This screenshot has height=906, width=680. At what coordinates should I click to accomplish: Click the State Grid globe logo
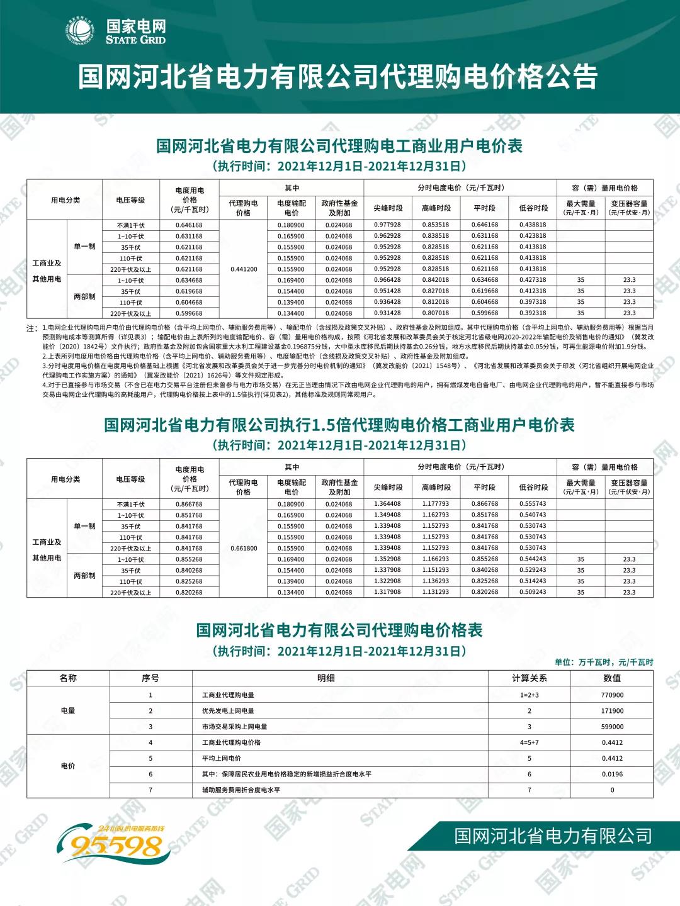tap(80, 31)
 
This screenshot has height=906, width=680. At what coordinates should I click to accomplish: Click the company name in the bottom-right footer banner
tap(553, 836)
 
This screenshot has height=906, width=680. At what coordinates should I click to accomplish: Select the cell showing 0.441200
tap(244, 269)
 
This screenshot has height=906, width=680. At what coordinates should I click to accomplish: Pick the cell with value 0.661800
tap(244, 548)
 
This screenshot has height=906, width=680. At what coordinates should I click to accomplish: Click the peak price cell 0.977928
tap(387, 225)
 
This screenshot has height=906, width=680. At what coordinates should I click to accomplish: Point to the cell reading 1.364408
tap(387, 504)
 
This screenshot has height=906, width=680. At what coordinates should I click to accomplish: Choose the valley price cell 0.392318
tap(533, 313)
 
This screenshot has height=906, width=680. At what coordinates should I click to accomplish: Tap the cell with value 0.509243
tap(533, 592)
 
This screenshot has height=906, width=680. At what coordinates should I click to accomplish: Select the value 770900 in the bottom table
tap(612, 695)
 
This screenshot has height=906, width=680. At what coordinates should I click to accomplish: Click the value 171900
tap(612, 711)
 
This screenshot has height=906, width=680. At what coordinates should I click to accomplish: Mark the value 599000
tap(612, 727)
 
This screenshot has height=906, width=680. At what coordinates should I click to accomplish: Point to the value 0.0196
tap(612, 774)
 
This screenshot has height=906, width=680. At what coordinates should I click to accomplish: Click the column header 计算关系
tap(529, 678)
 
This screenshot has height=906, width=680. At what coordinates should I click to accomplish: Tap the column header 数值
tap(612, 678)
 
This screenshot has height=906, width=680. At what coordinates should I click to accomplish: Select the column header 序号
tap(150, 678)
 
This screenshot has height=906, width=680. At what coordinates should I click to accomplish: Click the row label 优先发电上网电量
tap(228, 711)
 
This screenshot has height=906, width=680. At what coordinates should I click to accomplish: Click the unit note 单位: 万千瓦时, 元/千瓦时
tap(604, 662)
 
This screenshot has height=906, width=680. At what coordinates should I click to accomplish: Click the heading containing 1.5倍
tap(339, 425)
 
